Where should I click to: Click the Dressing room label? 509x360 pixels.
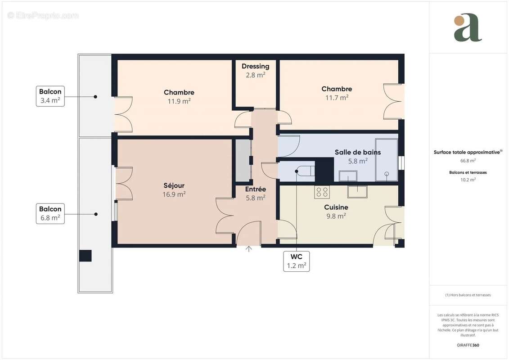coord(255,66)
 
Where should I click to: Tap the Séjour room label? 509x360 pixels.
coord(174,185)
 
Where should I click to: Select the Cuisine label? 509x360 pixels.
coord(336,207)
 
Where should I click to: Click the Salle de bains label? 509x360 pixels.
coord(357,152)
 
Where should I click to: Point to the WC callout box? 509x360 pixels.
coord(296,261)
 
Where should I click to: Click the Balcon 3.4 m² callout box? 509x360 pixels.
coord(50,96)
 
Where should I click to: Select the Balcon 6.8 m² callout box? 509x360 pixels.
coord(50,213)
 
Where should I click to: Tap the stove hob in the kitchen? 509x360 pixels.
coord(322,192)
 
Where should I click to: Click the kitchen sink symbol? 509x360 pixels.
coord(357,191)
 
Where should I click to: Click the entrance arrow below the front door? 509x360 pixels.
coord(249,249)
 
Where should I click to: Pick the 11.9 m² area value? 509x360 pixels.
coord(179,101)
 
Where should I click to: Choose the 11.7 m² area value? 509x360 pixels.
coord(337,97)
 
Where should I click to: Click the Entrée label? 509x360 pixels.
coord(255,189)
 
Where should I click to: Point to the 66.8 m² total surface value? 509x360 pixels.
coord(468,160)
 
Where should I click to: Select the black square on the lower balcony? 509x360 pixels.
coord(86,256)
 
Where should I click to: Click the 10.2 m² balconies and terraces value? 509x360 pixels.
coord(468,180)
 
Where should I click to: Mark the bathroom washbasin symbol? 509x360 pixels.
coord(348,175)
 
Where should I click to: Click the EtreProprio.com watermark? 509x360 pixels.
coord(43,16)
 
